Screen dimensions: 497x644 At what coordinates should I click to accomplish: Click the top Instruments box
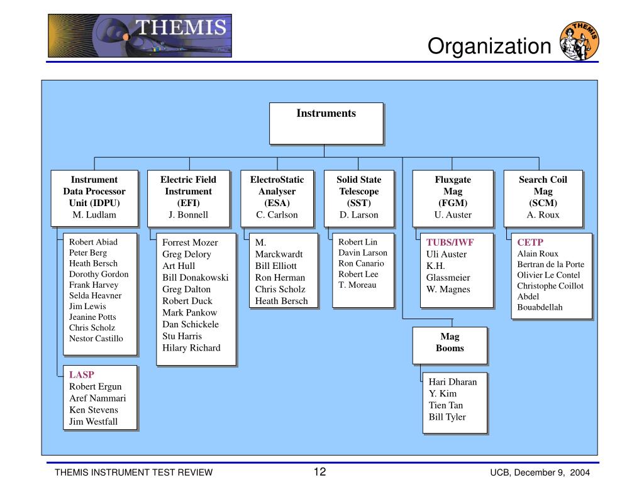tap(326, 123)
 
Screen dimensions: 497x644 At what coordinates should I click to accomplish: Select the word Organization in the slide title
tap(489, 46)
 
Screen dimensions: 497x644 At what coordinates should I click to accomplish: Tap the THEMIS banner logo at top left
tap(140, 35)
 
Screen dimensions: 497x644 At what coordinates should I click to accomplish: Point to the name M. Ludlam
tap(94, 215)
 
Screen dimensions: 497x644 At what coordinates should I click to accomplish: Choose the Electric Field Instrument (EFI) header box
tap(189, 197)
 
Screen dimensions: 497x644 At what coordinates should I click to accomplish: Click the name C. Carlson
tap(277, 215)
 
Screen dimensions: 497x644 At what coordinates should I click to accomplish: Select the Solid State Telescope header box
tap(359, 197)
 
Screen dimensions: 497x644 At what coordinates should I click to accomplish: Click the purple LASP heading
tap(82, 375)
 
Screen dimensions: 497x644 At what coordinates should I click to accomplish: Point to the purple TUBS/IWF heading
tap(450, 243)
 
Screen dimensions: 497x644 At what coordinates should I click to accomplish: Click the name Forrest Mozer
tap(190, 243)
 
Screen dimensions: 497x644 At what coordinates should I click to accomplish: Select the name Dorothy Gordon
tap(99, 275)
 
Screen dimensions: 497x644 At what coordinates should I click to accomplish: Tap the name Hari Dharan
tap(453, 381)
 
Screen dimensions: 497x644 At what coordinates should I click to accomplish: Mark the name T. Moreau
tap(357, 285)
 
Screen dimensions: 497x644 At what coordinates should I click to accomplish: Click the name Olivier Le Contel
tap(548, 275)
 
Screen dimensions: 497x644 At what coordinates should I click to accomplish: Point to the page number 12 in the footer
tap(319, 472)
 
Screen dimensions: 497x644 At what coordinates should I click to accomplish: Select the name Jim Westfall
tap(93, 422)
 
